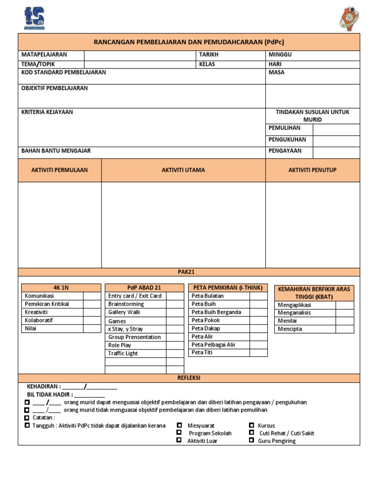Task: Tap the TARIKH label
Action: point(209,55)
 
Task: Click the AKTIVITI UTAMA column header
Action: point(183,170)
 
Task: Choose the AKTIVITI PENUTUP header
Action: point(313,170)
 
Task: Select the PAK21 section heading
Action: point(189,272)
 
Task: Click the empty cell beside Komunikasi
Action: point(92,296)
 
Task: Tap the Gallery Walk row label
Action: point(124,312)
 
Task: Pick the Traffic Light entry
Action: point(123,353)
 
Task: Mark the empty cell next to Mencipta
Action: point(345,329)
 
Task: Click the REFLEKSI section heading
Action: point(189,378)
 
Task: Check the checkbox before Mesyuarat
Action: point(180,425)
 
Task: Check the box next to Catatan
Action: point(27,417)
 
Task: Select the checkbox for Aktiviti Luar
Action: point(180,441)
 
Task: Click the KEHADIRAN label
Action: point(44,386)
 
